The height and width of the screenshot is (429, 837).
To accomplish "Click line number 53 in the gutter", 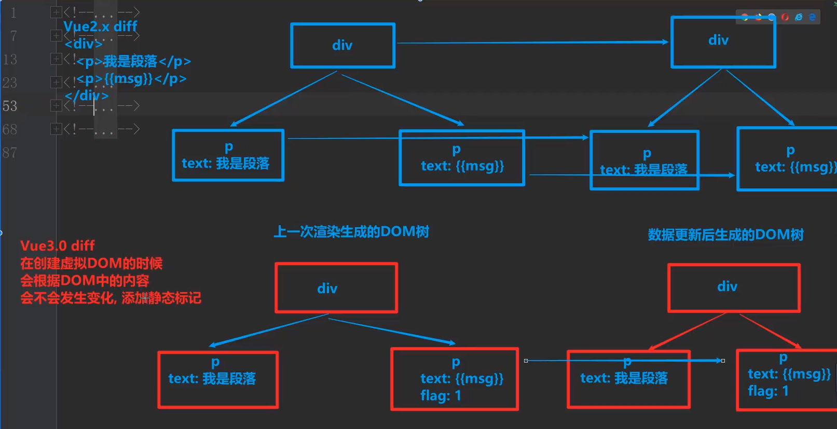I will (10, 106).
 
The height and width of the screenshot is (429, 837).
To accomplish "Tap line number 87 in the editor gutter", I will (10, 153).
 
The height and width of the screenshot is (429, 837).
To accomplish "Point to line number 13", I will (10, 60).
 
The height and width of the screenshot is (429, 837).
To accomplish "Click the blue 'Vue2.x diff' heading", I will (100, 26).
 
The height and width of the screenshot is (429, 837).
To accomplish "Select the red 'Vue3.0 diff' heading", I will (58, 246).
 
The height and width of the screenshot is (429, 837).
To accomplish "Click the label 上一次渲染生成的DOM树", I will (351, 232).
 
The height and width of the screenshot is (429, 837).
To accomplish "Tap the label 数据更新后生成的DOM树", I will (725, 235).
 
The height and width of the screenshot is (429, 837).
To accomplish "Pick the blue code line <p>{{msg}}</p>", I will (132, 79).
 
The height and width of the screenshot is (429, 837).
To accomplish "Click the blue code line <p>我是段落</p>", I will (134, 62).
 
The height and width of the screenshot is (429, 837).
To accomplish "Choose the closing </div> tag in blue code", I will (87, 96).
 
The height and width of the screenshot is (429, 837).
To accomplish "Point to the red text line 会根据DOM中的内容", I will (85, 281).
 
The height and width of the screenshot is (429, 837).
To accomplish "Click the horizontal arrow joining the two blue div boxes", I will (532, 43).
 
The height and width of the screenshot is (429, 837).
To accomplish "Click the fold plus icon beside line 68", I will (56, 129).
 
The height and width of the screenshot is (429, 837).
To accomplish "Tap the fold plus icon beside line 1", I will (56, 12).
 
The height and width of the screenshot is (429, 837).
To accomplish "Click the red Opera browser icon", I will (785, 17).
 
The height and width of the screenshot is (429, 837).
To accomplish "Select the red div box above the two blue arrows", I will (336, 288).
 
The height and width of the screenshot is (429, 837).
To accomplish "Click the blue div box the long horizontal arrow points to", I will (723, 41).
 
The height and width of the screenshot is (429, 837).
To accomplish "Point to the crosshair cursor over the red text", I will (145, 298).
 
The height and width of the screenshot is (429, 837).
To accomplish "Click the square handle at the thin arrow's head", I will (723, 361).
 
